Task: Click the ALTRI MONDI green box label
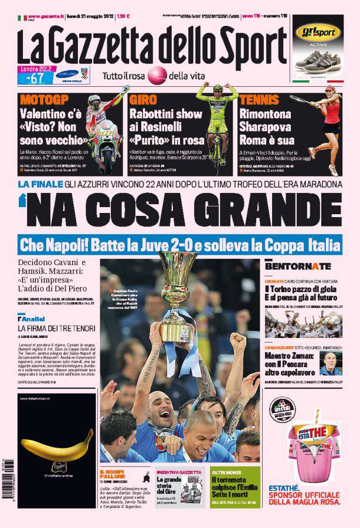click(x=226, y=471)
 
